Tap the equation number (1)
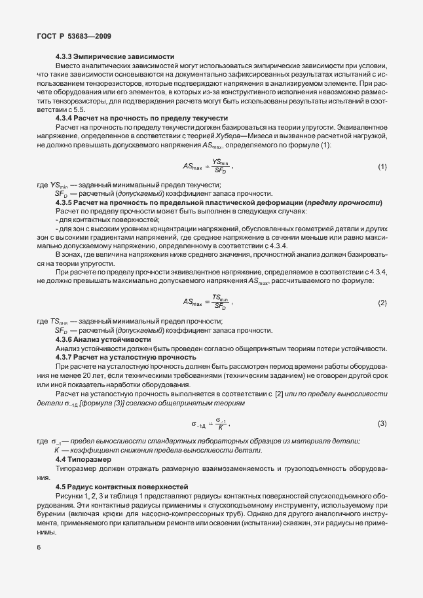click(x=382, y=167)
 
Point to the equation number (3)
click(x=382, y=423)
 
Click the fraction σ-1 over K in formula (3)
click(x=221, y=423)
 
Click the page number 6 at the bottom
click(x=39, y=548)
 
